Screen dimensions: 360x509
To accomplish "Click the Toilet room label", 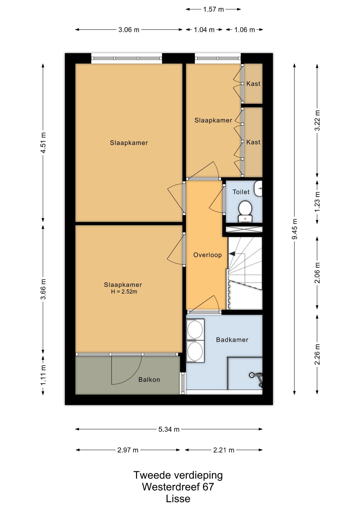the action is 241,192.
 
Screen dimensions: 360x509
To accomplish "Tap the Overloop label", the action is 208,255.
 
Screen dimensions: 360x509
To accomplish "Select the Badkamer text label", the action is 232,340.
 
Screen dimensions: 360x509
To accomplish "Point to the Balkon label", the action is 149,380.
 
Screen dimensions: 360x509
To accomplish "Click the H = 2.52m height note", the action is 124,292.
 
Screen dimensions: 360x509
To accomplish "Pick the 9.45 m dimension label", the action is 295,229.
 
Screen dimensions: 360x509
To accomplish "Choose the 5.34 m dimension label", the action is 169,429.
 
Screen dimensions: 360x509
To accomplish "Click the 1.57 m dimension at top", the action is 213,9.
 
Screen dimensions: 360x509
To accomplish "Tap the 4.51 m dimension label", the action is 43,143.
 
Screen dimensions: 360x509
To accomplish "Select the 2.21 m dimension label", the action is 224,450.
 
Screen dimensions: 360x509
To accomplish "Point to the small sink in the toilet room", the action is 258,188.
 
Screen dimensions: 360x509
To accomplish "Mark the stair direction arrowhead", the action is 232,254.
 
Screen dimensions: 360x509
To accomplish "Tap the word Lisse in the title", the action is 178,499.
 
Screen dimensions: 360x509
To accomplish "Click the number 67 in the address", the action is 208,487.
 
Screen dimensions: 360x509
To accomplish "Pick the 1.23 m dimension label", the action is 317,202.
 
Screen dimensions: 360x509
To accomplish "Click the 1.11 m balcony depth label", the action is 43,375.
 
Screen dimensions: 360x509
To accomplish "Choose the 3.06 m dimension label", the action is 129,30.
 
